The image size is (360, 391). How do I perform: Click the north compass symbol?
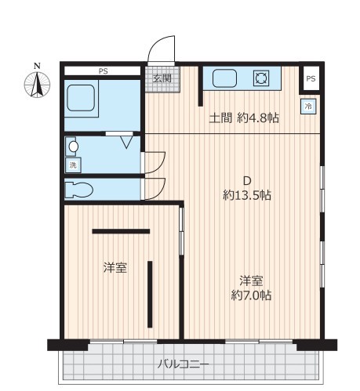(37, 82)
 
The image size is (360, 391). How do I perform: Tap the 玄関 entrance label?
(162, 78)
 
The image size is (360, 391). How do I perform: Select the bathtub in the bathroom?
(81, 98)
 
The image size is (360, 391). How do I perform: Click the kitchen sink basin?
(224, 78)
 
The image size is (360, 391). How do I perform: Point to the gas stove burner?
(261, 78)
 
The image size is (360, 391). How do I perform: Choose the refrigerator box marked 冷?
(308, 107)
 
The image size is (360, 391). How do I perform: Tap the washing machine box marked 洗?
(73, 165)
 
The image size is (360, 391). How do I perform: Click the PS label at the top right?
(311, 78)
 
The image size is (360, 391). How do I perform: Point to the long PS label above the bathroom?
(104, 71)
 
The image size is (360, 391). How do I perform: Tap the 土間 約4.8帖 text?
(244, 118)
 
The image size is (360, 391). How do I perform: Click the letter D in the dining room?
(247, 180)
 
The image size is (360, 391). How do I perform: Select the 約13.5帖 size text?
(247, 195)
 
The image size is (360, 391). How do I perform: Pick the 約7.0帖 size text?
(251, 295)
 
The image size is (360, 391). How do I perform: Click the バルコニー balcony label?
(184, 364)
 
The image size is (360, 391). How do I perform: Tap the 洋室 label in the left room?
(115, 267)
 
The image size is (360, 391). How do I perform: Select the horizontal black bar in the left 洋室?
(121, 231)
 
